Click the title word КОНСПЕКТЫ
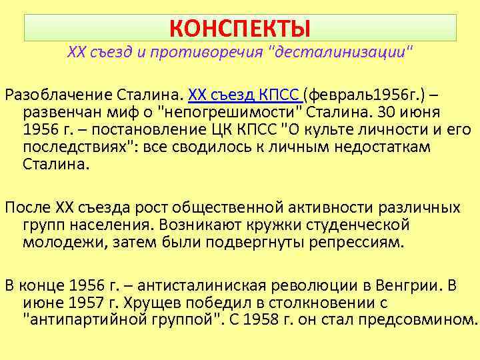(240, 28)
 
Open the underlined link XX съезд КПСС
(245, 92)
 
